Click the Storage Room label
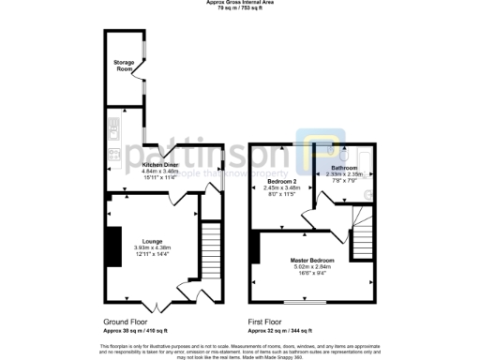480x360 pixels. (118, 66)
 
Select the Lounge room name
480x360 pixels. (152, 241)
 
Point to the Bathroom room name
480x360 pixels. (344, 167)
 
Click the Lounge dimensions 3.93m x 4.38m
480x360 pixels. (152, 247)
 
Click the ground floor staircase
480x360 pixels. (212, 247)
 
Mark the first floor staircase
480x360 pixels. (361, 229)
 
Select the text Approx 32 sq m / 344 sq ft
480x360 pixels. (280, 331)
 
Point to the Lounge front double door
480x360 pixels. (156, 300)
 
